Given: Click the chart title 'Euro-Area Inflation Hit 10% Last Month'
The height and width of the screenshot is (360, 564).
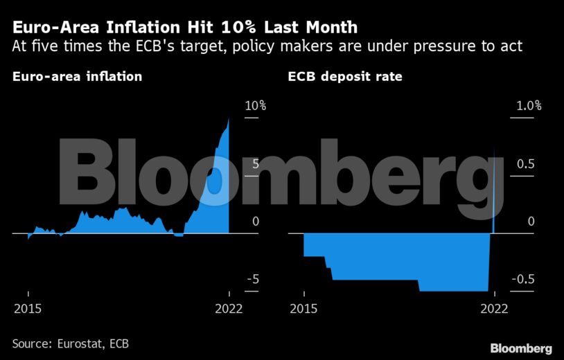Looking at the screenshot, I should pos(185,28).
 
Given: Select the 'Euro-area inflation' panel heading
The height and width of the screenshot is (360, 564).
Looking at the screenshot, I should pos(77,76).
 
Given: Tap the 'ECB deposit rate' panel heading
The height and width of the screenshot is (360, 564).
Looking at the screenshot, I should pos(345,76).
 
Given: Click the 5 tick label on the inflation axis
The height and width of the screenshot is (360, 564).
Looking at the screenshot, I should pos(255,164).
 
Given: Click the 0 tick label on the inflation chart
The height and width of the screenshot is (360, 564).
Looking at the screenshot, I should pos(255,222).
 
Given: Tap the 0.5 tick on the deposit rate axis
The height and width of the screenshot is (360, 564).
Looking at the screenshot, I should pos(525,164).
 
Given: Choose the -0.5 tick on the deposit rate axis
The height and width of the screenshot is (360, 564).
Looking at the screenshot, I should pos(522,279).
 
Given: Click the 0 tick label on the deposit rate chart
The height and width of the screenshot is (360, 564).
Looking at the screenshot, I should pos(531,222).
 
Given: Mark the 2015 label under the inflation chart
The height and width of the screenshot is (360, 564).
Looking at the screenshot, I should pos(28,308).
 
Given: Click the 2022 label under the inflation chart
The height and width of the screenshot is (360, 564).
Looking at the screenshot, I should pos(229,308).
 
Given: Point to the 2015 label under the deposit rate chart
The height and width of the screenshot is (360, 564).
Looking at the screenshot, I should pos(303,308).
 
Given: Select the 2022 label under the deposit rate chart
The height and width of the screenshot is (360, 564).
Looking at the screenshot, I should pos(494,308).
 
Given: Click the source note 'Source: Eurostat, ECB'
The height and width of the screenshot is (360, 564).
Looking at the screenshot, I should pos(71,343).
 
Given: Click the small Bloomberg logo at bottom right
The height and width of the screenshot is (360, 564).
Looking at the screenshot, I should pos(521,348).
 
